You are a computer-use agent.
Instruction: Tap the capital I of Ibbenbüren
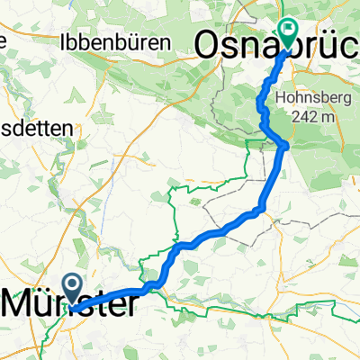pyautogui.click(x=62, y=41)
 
